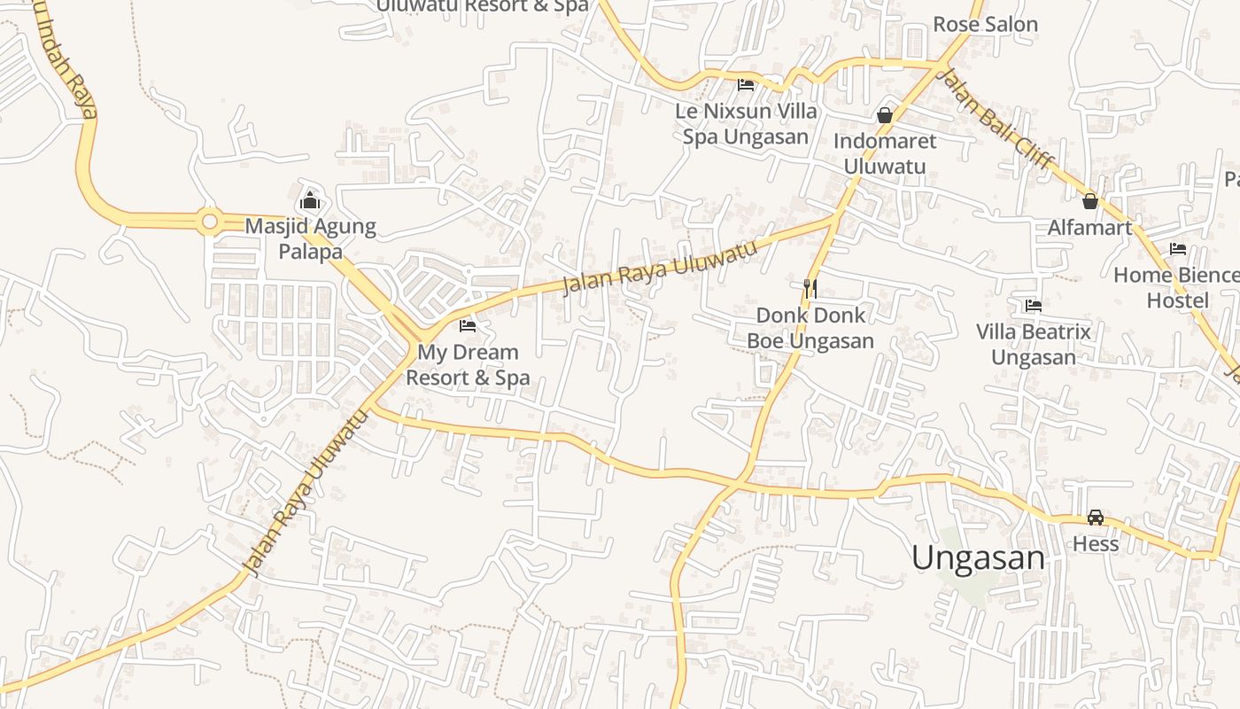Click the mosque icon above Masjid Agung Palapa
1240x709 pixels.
click(x=309, y=200)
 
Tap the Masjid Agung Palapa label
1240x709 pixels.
click(x=310, y=239)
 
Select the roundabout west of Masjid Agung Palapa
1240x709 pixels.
click(x=210, y=221)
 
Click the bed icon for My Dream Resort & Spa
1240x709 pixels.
click(x=468, y=326)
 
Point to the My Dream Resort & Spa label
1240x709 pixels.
click(x=468, y=364)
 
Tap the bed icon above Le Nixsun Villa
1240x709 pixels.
click(x=746, y=85)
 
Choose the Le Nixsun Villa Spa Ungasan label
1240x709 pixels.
click(x=745, y=124)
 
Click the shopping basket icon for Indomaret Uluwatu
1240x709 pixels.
click(x=884, y=115)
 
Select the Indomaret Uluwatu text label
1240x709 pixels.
click(x=884, y=153)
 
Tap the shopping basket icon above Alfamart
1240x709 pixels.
click(x=1090, y=201)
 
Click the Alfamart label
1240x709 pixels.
click(x=1089, y=228)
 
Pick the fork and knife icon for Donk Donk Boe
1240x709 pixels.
click(x=810, y=288)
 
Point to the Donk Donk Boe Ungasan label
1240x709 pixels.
click(x=810, y=328)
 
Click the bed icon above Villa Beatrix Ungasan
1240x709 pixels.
click(x=1033, y=306)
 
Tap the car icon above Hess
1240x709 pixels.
click(x=1096, y=518)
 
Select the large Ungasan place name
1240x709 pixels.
click(x=978, y=558)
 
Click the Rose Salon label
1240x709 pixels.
click(x=985, y=24)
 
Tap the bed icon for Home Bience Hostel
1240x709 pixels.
click(x=1177, y=249)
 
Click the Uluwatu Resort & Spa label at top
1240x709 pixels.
click(x=482, y=6)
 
